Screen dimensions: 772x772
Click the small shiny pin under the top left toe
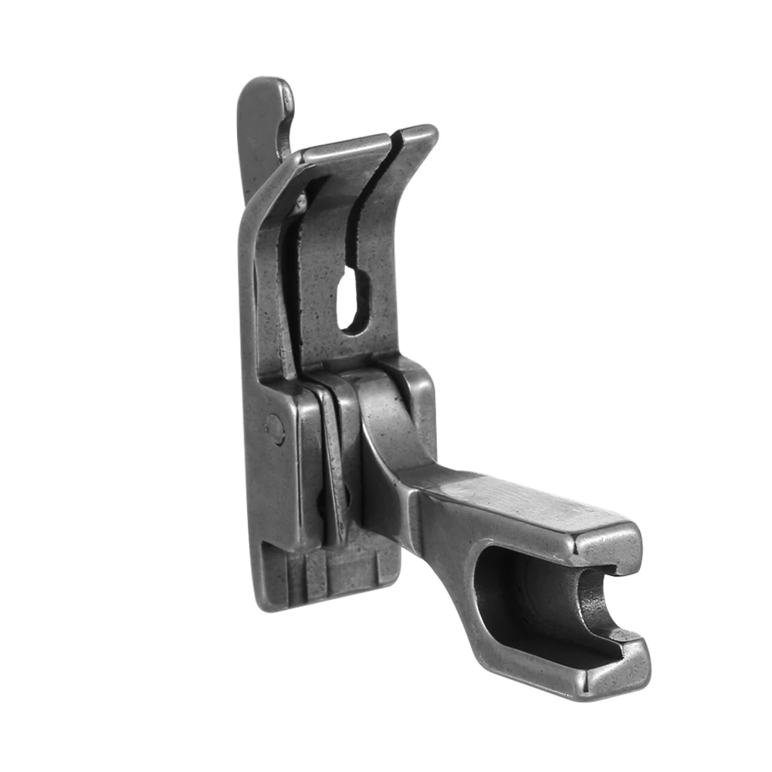pos(300,202)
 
